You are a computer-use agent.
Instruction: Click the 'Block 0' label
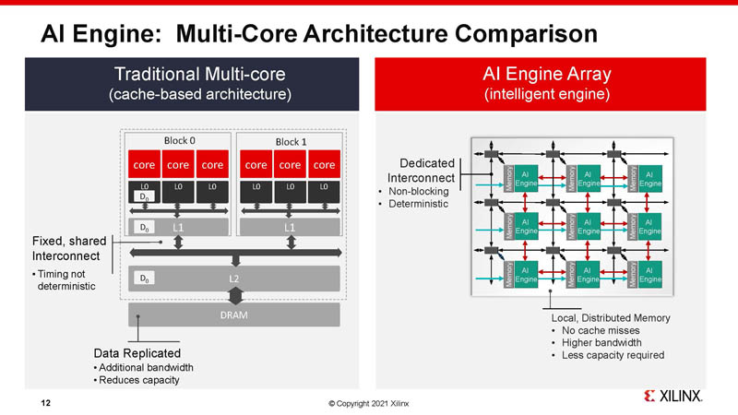pyautogui.click(x=179, y=140)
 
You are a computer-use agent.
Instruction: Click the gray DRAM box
pyautogui.click(x=233, y=314)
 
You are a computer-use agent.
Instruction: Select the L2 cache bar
pyautogui.click(x=234, y=278)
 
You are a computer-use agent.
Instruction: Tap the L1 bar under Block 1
pyautogui.click(x=290, y=227)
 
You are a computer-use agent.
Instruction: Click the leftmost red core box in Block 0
pyautogui.click(x=144, y=164)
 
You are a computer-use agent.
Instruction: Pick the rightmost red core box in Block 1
pyautogui.click(x=324, y=164)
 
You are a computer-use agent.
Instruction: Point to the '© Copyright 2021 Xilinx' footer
pyautogui.click(x=368, y=403)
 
